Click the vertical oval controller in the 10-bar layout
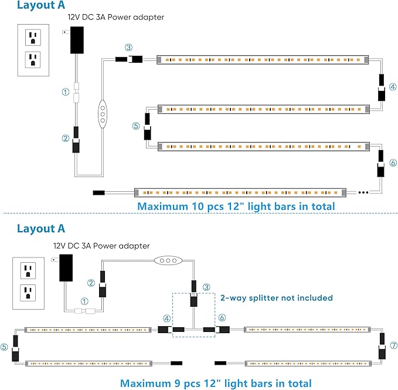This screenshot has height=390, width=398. (103, 113)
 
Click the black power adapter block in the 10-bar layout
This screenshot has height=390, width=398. (76, 40)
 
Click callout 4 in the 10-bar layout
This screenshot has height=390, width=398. (393, 86)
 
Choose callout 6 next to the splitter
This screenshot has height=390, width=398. (222, 317)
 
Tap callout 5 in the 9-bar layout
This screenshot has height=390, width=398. (5, 347)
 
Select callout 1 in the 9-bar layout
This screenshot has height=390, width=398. (84, 301)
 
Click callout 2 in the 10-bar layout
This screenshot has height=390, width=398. (66, 138)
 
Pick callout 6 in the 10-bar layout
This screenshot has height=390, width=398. (393, 162)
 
